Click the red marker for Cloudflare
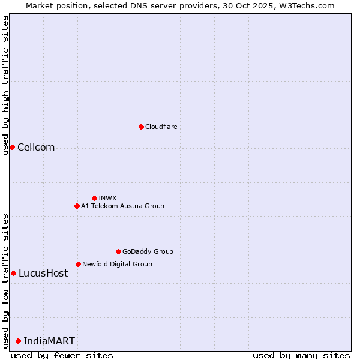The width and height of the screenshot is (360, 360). pos(141,127)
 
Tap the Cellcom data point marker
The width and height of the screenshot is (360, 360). pos(12,148)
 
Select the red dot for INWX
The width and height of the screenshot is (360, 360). pos(94,198)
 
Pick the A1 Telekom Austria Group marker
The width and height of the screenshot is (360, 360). pos(77,206)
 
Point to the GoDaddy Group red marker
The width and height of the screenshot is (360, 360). pos(118,251)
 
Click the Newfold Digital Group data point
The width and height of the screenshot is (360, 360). pos(78,264)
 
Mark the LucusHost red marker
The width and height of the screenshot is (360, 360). pos(13,274)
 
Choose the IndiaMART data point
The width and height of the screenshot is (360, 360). pos(18,341)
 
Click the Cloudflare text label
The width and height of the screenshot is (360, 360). pos(161,127)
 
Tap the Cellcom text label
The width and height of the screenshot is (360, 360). pos(36,148)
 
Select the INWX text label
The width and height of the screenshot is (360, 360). pos(107,198)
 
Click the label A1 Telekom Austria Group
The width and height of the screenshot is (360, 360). pos(122,206)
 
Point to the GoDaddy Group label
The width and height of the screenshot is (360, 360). pos(148,251)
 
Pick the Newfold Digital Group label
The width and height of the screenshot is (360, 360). pos(117,264)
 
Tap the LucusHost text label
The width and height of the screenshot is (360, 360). pos(43,274)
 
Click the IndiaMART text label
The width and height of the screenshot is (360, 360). pos(49,341)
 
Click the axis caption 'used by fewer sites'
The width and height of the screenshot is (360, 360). pos(62,355)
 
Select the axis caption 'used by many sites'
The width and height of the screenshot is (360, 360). pos(301,355)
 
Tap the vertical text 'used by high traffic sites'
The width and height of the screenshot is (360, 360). pos(5,85)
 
